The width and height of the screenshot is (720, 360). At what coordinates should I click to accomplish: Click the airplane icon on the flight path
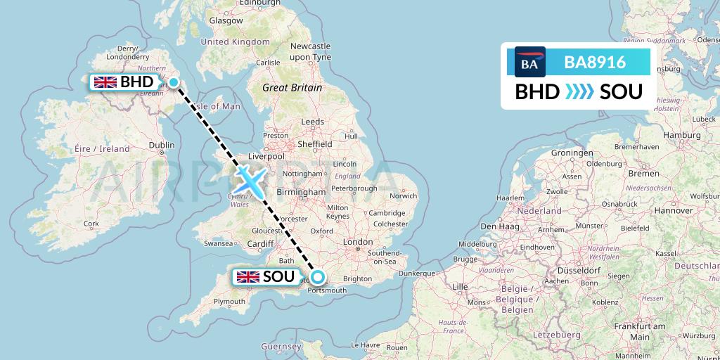coord(250,179)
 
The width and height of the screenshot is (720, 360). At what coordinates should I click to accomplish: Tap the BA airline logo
coord(530,62)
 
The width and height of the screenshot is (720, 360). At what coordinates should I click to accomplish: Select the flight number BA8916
coord(595,62)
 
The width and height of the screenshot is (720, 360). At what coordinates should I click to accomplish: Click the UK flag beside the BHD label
coord(105,82)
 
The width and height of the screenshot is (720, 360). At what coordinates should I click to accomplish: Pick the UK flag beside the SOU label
coord(248,276)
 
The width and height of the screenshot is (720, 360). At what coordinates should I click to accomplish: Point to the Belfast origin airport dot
coord(174,82)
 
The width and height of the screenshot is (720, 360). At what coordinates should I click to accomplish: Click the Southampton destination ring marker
coord(317,276)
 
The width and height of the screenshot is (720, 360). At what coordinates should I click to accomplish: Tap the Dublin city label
coord(161,146)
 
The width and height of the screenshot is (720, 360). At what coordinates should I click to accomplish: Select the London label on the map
coord(358,242)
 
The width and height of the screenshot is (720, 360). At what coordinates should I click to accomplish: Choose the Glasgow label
coord(226,21)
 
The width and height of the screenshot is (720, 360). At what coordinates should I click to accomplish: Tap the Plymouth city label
coord(230,302)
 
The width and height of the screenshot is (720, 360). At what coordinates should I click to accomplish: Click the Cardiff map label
coord(260,244)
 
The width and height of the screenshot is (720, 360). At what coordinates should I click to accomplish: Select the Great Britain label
coord(292,88)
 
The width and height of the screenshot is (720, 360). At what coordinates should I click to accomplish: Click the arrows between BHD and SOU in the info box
coord(580,92)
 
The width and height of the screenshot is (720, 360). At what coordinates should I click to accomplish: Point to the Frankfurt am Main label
coord(639,332)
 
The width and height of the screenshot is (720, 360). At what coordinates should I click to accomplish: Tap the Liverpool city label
coord(266,156)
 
